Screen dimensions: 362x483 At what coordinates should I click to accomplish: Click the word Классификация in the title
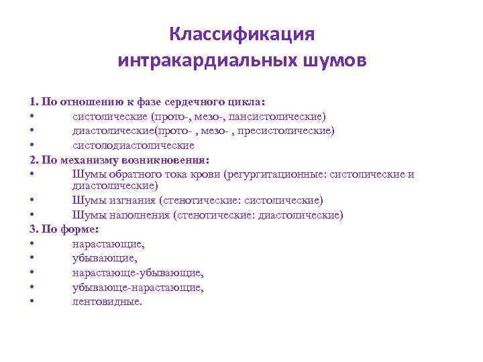point(241,34)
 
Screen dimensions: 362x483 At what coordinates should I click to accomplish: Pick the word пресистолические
point(278,130)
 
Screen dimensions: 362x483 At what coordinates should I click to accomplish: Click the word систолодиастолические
point(133,145)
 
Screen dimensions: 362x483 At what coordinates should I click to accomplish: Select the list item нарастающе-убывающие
point(138,273)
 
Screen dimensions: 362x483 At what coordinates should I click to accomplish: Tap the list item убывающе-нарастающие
point(138,287)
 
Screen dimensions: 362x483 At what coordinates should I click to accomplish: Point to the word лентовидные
point(107,302)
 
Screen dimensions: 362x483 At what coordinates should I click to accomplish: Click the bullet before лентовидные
point(32,302)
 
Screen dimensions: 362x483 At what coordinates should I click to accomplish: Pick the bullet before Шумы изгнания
point(32,200)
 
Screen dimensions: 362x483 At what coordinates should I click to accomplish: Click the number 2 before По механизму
point(32,160)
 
